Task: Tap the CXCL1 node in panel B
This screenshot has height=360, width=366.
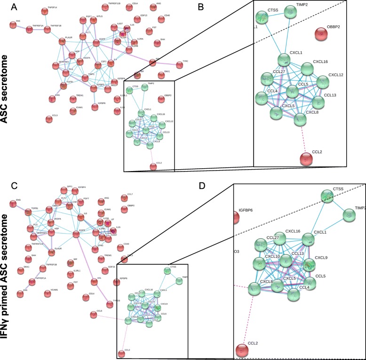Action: [x=284, y=60]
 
